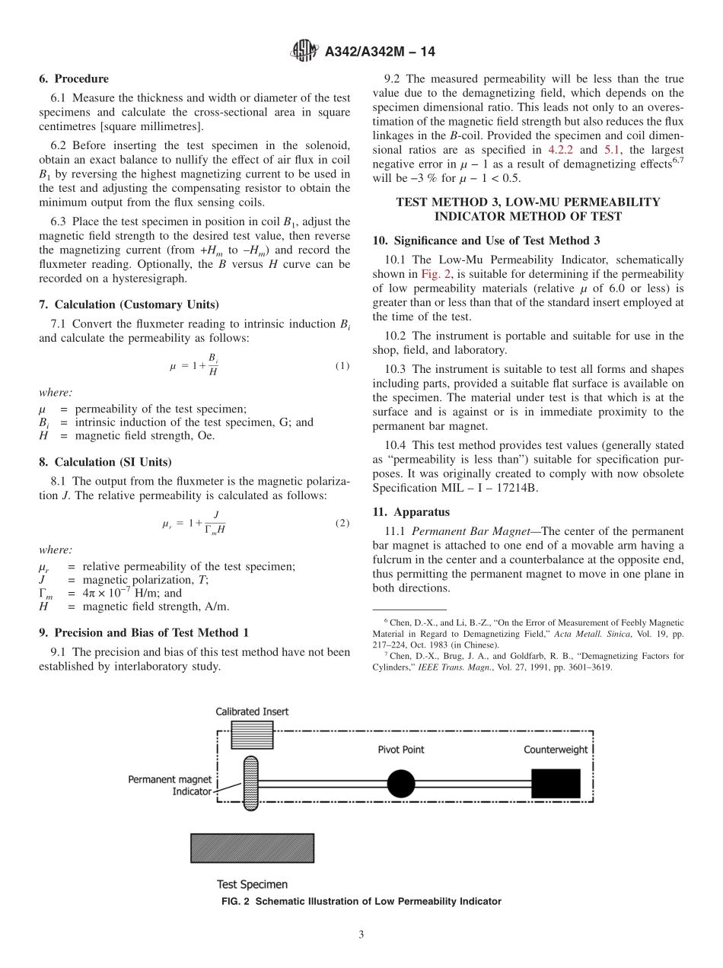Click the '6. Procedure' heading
pos(74,78)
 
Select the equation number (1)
pos(342,366)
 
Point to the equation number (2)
pos(342,523)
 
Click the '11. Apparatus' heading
pos(410,512)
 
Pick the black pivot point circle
pos(400,783)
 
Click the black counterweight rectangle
pos(556,783)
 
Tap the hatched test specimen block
pos(252,848)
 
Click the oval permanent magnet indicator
pos(251,782)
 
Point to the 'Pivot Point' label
pos(401,750)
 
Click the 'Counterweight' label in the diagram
pos(556,750)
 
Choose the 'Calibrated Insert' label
pos(252,712)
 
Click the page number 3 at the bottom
pos(361,935)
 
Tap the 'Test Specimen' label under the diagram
pos(252,884)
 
